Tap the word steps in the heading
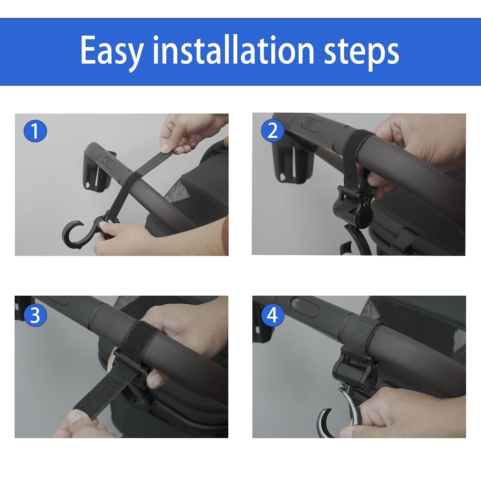[361, 51]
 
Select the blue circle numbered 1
[35, 131]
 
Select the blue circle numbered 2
[272, 131]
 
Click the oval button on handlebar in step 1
[110, 162]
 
